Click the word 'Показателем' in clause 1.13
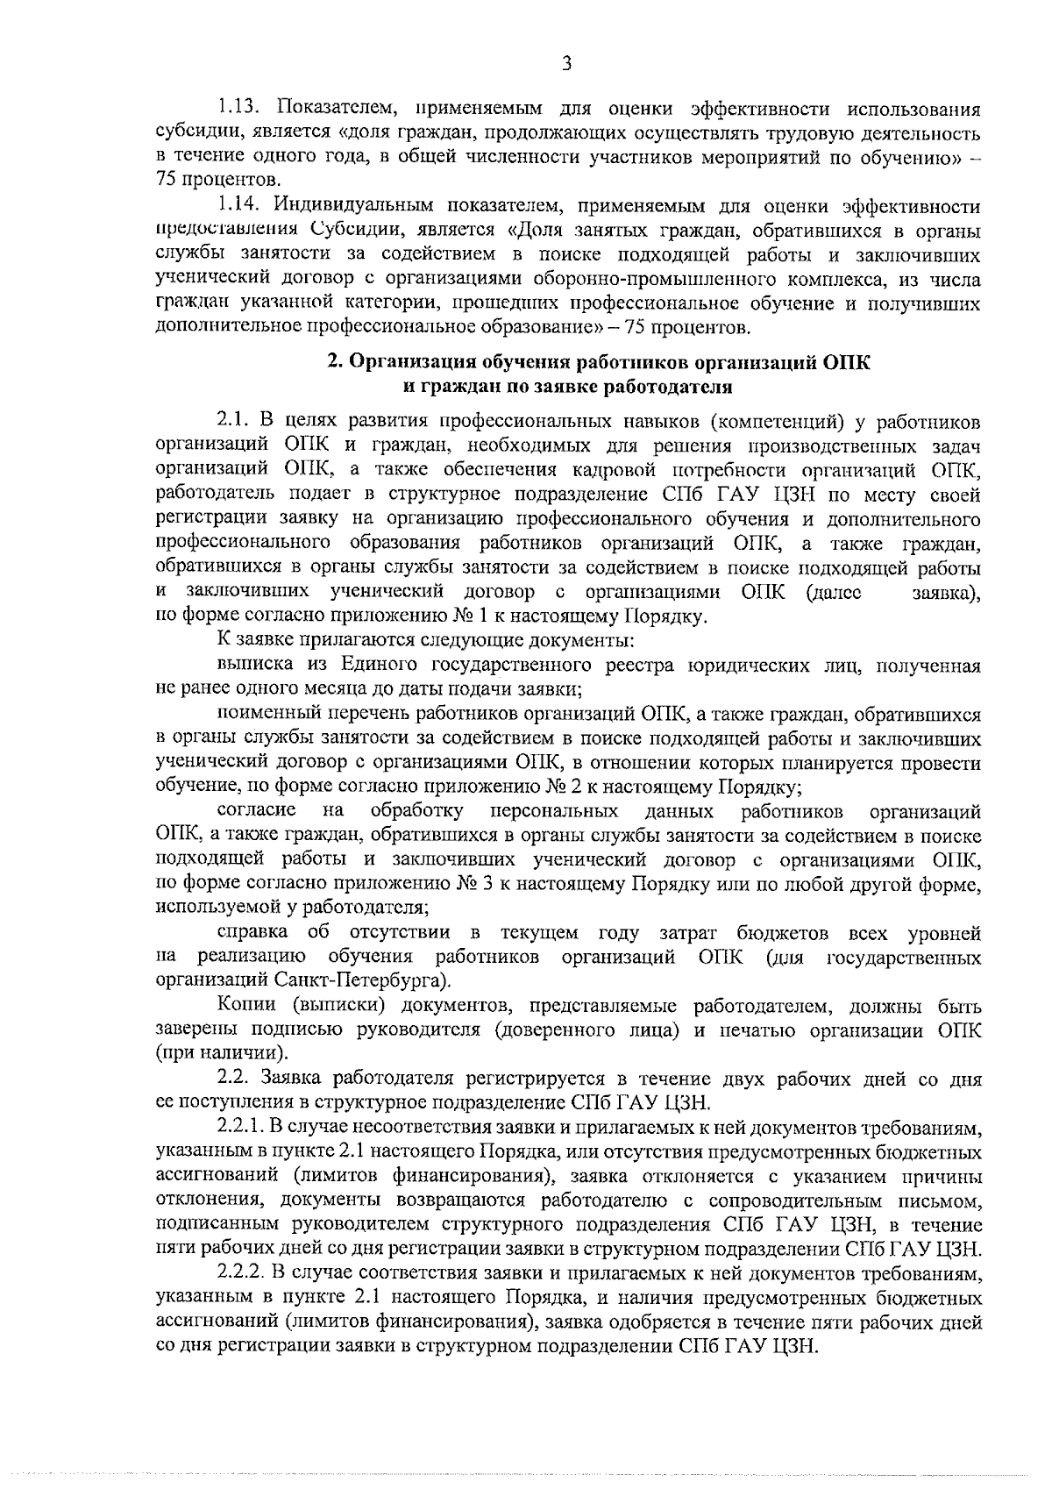pos(338,109)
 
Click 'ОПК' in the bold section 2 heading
pos(847,362)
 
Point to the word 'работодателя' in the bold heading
pos(677,386)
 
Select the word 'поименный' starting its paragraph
pos(259,715)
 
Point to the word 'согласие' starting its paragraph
pos(255,810)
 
